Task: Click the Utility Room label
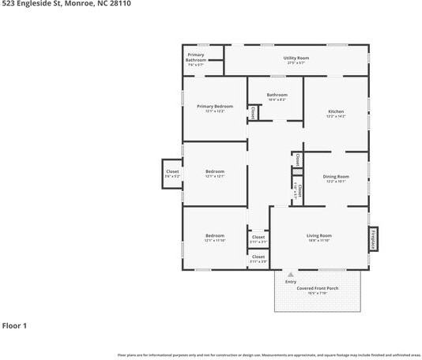[296, 60]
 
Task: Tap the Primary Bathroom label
[196, 59]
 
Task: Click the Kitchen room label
[336, 114]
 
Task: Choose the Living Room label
[318, 238]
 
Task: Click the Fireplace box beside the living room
[373, 238]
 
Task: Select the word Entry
[291, 282]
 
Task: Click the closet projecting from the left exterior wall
[172, 174]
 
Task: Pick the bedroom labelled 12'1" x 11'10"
[215, 238]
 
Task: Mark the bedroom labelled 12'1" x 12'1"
[215, 174]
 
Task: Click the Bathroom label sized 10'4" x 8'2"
[277, 97]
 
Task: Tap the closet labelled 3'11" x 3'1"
[258, 238]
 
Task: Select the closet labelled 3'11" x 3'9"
[258, 258]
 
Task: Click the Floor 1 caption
[14, 325]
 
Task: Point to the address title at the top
[66, 4]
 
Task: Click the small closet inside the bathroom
[253, 113]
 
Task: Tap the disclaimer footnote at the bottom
[269, 354]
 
